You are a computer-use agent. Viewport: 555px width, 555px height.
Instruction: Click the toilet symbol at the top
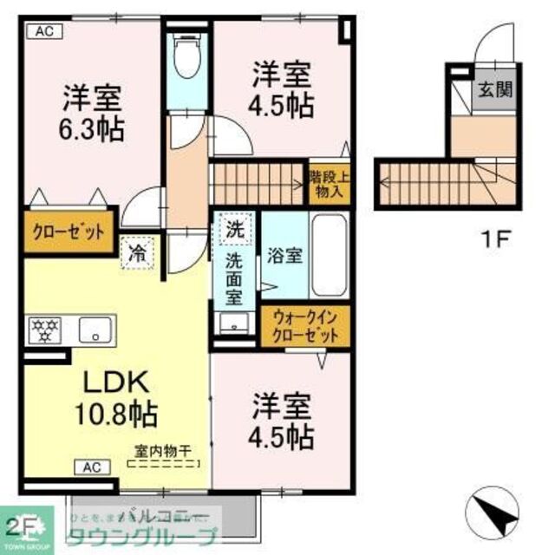pos(186,56)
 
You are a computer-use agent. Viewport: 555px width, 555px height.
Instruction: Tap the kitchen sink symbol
pos(93,330)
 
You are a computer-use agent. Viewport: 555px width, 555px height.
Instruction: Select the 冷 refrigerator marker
pos(137,255)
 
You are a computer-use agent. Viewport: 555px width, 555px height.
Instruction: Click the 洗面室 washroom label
pos(235,279)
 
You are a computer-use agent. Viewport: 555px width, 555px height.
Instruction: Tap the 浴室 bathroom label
pos(285,257)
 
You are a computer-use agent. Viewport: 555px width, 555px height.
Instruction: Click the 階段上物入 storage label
pos(330,184)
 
